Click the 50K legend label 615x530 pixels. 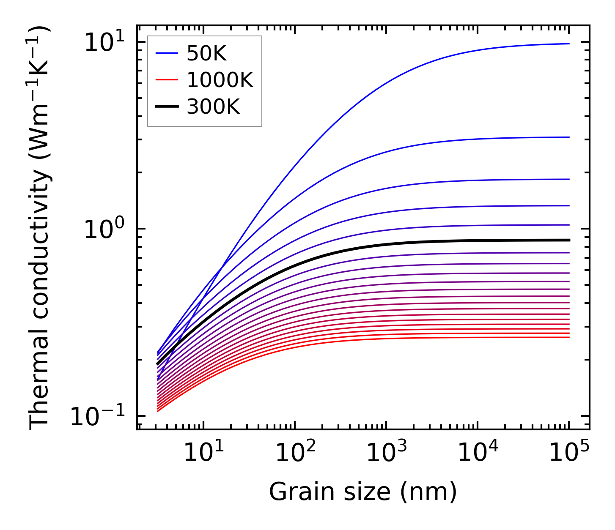(x=206, y=54)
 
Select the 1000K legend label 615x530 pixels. (x=220, y=80)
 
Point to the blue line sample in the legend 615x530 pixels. (x=167, y=53)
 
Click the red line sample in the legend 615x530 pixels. (x=167, y=80)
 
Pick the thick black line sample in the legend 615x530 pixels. (x=167, y=107)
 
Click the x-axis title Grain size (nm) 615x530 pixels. (x=363, y=492)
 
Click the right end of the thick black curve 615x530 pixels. (x=569, y=240)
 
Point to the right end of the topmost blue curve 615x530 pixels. (x=569, y=44)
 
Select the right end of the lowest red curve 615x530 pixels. (x=569, y=337)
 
